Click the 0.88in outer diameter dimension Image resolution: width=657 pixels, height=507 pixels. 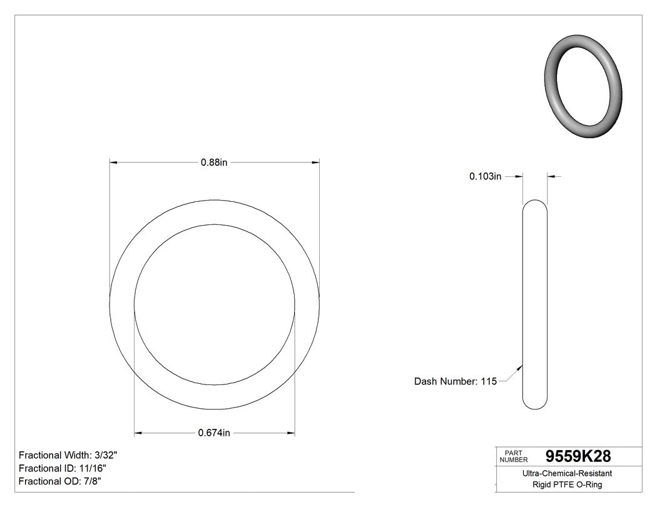(x=213, y=163)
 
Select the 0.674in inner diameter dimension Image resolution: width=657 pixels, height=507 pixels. (x=214, y=433)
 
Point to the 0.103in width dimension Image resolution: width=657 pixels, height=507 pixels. (x=486, y=177)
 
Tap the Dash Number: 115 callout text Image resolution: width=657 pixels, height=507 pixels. (x=455, y=381)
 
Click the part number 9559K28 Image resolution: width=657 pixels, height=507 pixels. (x=578, y=456)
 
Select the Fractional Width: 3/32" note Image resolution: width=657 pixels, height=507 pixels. (x=68, y=455)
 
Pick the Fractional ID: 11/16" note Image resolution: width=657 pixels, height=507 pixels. (x=63, y=468)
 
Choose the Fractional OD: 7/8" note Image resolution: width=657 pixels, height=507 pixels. (x=60, y=481)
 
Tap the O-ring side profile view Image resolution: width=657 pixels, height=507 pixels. (x=535, y=304)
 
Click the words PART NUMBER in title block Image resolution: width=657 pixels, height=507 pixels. (x=514, y=456)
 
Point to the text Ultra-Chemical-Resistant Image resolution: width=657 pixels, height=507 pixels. (x=567, y=474)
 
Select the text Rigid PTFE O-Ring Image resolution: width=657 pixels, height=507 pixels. (x=567, y=484)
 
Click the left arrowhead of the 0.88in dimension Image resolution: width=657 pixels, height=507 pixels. (x=113, y=163)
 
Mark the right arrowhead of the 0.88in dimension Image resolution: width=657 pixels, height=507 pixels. (x=316, y=163)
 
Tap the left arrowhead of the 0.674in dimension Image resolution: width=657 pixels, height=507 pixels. (x=138, y=433)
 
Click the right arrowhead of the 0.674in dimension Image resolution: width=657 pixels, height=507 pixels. (x=291, y=433)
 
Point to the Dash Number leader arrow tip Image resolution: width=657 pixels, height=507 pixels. (x=521, y=366)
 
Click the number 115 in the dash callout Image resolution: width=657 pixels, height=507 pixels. (x=489, y=381)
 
